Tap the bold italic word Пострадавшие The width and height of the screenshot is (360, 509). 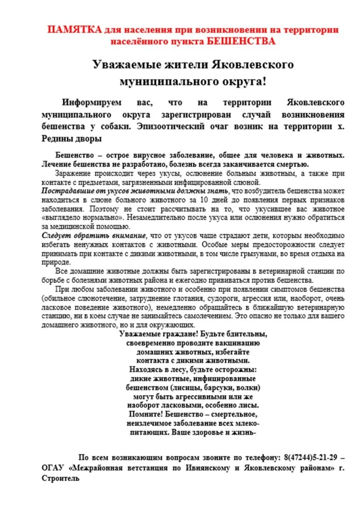point(64,191)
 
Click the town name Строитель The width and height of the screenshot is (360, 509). point(60,478)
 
